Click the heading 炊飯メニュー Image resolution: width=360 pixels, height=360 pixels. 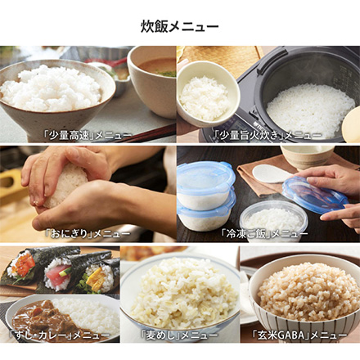click(x=180, y=26)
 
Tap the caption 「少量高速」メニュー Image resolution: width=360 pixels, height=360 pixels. click(x=88, y=135)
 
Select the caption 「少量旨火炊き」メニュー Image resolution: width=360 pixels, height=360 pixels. click(x=268, y=135)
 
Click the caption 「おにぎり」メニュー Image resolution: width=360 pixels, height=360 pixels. click(x=88, y=234)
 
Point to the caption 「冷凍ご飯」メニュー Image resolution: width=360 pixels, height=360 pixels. click(x=264, y=234)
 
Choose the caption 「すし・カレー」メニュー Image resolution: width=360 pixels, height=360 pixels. click(x=59, y=335)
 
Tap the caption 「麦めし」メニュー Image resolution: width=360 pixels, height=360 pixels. click(x=179, y=335)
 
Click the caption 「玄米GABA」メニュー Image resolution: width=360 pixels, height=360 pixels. click(x=299, y=335)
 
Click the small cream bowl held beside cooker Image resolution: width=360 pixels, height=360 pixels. click(x=207, y=94)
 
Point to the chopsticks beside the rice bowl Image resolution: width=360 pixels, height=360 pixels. click(x=147, y=133)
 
